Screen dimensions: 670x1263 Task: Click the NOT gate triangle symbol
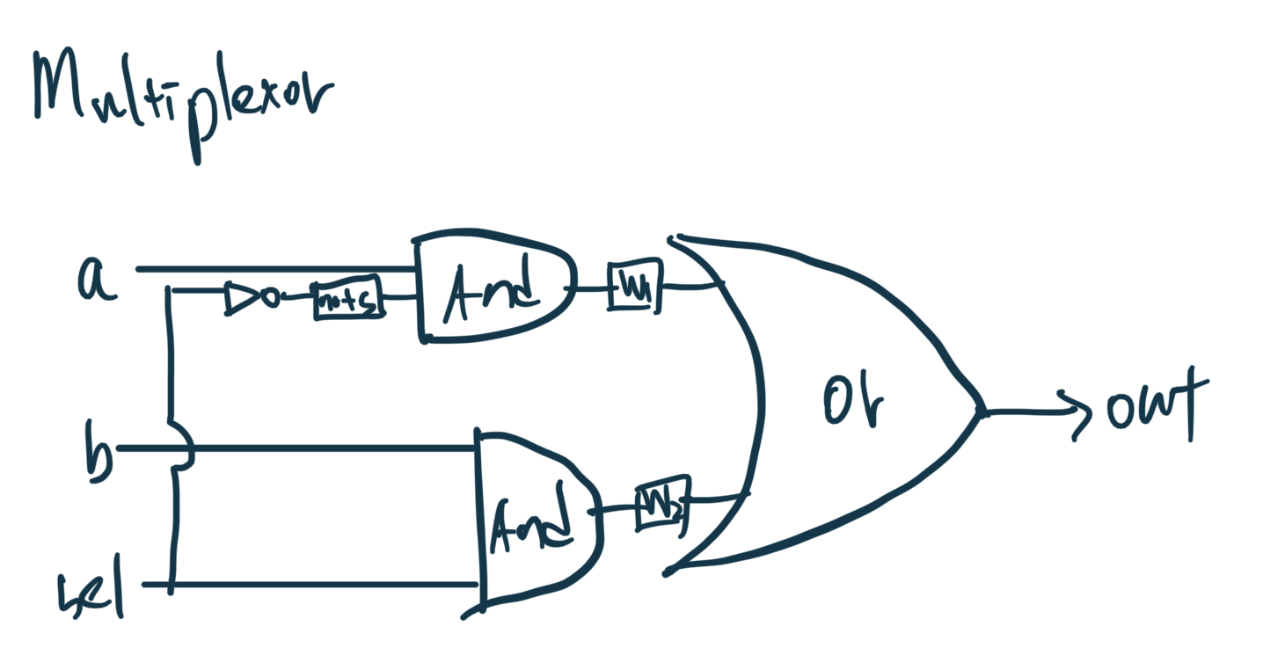click(x=239, y=298)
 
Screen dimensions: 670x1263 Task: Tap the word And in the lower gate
click(x=532, y=525)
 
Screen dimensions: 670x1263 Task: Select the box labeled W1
click(x=632, y=288)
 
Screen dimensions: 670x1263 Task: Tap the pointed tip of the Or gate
click(x=980, y=411)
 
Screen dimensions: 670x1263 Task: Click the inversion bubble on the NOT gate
click(x=271, y=298)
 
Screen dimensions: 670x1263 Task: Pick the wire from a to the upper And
click(x=273, y=269)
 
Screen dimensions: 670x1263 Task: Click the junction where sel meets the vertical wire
click(x=171, y=584)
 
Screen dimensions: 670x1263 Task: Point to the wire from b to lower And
click(x=334, y=448)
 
